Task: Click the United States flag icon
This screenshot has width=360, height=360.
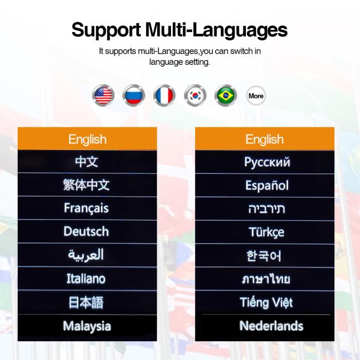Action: click(x=104, y=95)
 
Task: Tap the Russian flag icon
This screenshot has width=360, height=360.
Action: click(x=134, y=95)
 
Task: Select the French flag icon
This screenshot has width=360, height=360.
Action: click(x=164, y=95)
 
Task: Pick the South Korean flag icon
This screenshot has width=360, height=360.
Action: click(x=195, y=95)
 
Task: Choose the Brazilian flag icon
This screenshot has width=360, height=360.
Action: click(x=225, y=95)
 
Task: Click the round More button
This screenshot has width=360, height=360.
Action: click(x=256, y=95)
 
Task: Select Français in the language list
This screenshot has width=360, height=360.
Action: click(x=86, y=208)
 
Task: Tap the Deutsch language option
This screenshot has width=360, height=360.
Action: click(x=86, y=231)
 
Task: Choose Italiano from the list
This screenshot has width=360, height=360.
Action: click(x=86, y=279)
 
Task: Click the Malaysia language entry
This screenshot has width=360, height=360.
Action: click(x=87, y=326)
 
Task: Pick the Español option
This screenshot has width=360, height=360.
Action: click(x=267, y=186)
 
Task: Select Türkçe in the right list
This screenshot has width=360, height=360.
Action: click(x=266, y=232)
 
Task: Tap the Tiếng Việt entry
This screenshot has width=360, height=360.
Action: click(x=266, y=302)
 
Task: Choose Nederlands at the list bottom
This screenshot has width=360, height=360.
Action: click(x=271, y=326)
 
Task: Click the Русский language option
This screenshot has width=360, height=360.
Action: click(x=267, y=162)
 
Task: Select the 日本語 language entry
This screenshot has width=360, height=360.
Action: click(x=86, y=302)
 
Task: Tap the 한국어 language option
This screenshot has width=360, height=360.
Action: click(x=264, y=255)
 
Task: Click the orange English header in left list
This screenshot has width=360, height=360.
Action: click(x=88, y=138)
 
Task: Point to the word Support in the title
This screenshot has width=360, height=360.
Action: click(x=106, y=30)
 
